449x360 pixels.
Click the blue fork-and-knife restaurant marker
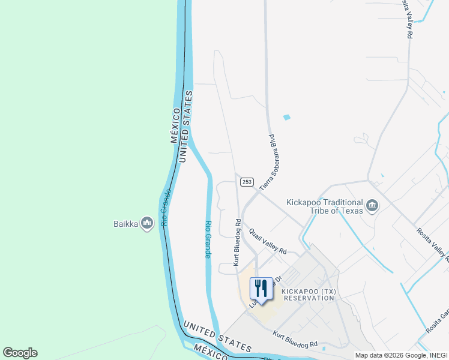[261, 289]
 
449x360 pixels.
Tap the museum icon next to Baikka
[146, 224]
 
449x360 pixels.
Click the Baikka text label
[125, 224]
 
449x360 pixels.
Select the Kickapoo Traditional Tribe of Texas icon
[372, 206]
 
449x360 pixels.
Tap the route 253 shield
[247, 181]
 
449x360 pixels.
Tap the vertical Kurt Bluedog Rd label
[237, 242]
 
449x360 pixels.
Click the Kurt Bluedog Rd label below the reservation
[295, 340]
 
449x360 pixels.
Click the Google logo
[20, 353]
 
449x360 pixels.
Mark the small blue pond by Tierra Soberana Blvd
[286, 117]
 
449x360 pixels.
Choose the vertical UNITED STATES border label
[185, 126]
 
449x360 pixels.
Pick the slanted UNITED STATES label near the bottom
[217, 337]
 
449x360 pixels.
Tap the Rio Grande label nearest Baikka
[166, 208]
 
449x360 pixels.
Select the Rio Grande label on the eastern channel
[208, 239]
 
